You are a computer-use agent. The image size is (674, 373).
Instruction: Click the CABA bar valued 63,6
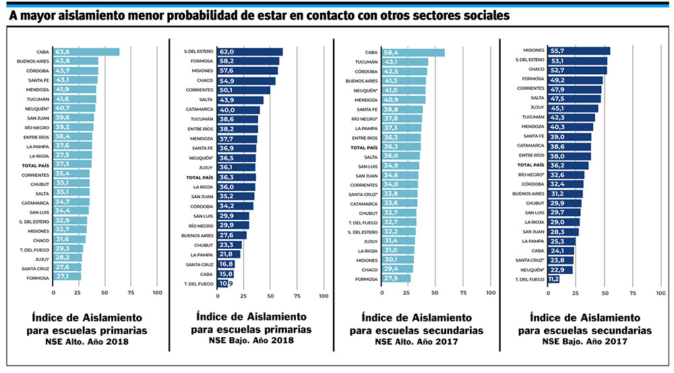(86, 52)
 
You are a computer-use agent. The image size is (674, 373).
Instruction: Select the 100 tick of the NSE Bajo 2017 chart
(661, 293)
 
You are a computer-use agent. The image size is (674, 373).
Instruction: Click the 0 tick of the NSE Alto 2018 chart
(54, 293)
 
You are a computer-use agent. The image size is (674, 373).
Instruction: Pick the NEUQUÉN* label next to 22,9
(532, 269)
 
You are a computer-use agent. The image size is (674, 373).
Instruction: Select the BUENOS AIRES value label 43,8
(64, 61)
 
